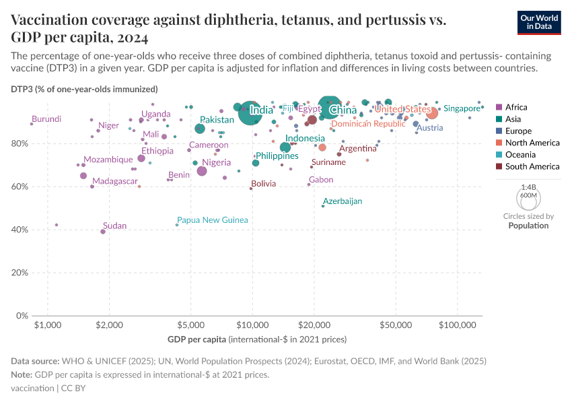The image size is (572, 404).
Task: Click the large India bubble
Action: pyautogui.click(x=250, y=112)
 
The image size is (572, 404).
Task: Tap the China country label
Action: pyautogui.click(x=343, y=110)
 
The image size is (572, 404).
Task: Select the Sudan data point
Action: pyautogui.click(x=103, y=231)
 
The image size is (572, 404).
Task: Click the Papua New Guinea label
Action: pyautogui.click(x=212, y=220)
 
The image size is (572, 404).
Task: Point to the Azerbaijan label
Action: pyautogui.click(x=343, y=201)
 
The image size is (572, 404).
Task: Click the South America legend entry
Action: pyautogui.click(x=532, y=166)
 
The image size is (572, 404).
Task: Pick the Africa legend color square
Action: pyautogui.click(x=499, y=107)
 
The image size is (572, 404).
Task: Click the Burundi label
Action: pyautogui.click(x=46, y=119)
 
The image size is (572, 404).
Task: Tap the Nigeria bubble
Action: pyautogui.click(x=202, y=171)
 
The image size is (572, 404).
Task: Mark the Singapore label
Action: pyautogui.click(x=462, y=108)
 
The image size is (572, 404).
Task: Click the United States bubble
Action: pyautogui.click(x=432, y=113)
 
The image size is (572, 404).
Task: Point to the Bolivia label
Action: pyautogui.click(x=263, y=184)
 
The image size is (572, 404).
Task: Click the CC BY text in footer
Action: pyautogui.click(x=72, y=389)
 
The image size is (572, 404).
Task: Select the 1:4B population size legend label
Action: pyautogui.click(x=529, y=187)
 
